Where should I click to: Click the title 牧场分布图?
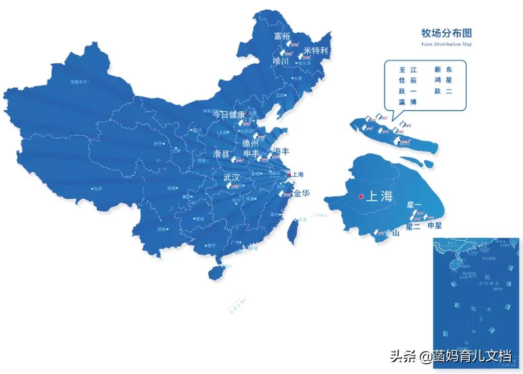pos(446,34)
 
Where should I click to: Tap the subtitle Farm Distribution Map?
pos(446,45)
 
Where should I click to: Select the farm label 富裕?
pos(281,36)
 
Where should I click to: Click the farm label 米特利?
pos(315,51)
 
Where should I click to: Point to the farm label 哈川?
pos(281,61)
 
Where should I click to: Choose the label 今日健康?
pos(229,115)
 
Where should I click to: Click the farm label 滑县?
pos(222,154)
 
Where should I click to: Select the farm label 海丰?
pos(281,151)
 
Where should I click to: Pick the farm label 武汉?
pos(231,177)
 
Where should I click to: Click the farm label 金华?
pos(302,194)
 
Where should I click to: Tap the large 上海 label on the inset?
pos(379,196)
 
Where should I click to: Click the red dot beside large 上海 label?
pos(361,196)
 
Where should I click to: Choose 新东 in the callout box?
pos(443,70)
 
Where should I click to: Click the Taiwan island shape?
pos(294,231)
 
